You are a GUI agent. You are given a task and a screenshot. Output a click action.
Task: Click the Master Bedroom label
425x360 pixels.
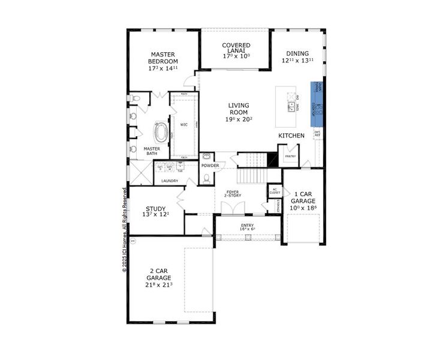click(x=163, y=58)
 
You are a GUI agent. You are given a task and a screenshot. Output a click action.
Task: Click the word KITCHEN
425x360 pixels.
click(x=291, y=136)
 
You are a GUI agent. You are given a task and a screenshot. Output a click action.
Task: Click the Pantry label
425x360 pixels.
click(x=290, y=156)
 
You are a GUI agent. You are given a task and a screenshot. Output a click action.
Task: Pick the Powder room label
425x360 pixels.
click(x=210, y=165)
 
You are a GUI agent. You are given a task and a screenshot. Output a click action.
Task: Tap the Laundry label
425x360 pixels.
click(x=170, y=180)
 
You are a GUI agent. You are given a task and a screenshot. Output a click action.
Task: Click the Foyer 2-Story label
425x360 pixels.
click(x=231, y=194)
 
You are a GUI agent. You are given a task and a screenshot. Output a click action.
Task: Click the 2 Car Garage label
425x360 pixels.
click(x=159, y=278)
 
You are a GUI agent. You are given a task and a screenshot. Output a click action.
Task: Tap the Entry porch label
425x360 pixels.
click(x=247, y=227)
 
